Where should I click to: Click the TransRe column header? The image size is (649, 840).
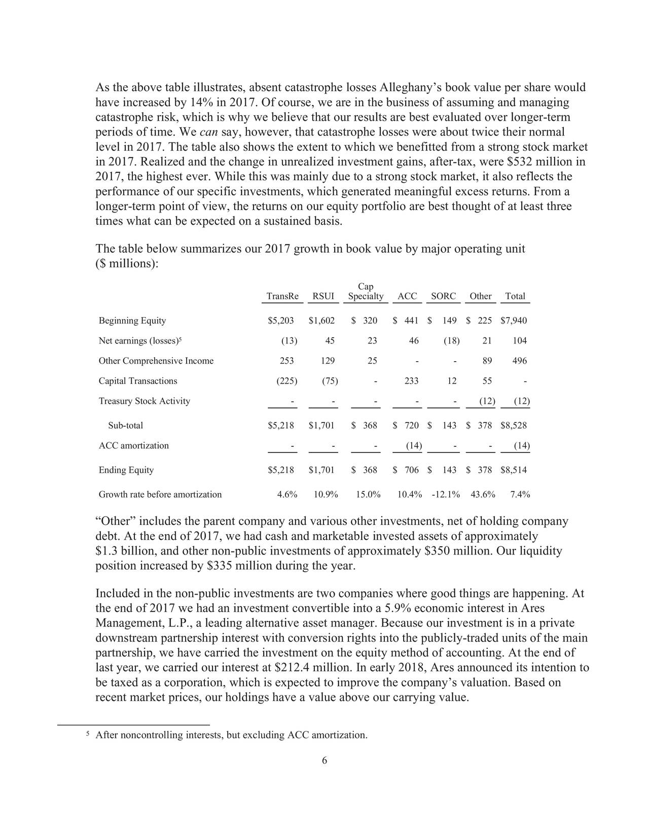point(282,296)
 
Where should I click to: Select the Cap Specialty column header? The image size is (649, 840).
point(366,292)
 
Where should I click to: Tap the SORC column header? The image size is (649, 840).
point(443,296)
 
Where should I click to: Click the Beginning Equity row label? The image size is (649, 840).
point(132,321)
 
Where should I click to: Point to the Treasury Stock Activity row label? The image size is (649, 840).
point(144,401)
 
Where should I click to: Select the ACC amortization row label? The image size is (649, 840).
point(133,446)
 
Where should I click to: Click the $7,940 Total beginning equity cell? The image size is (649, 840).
point(513,321)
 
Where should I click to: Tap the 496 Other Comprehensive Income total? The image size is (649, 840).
point(519,361)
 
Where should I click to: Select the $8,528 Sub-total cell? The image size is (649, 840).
point(513,426)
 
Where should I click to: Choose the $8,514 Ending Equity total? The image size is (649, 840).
point(513,470)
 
